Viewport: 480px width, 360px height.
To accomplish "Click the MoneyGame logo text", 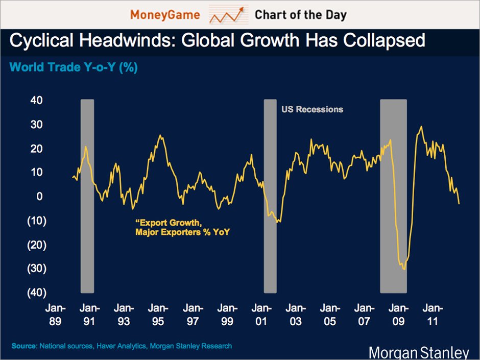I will pos(165,15).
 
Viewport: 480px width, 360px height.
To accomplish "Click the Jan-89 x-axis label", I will pos(55,315).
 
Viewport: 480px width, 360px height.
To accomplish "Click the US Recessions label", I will pos(313,109).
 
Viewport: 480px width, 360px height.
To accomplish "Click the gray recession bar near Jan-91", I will pos(87,197).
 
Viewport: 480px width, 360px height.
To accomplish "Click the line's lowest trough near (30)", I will pos(404,269).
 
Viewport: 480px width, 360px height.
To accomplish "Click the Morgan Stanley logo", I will pos(418,352).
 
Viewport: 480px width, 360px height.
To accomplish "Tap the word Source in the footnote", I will pos(23,346).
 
